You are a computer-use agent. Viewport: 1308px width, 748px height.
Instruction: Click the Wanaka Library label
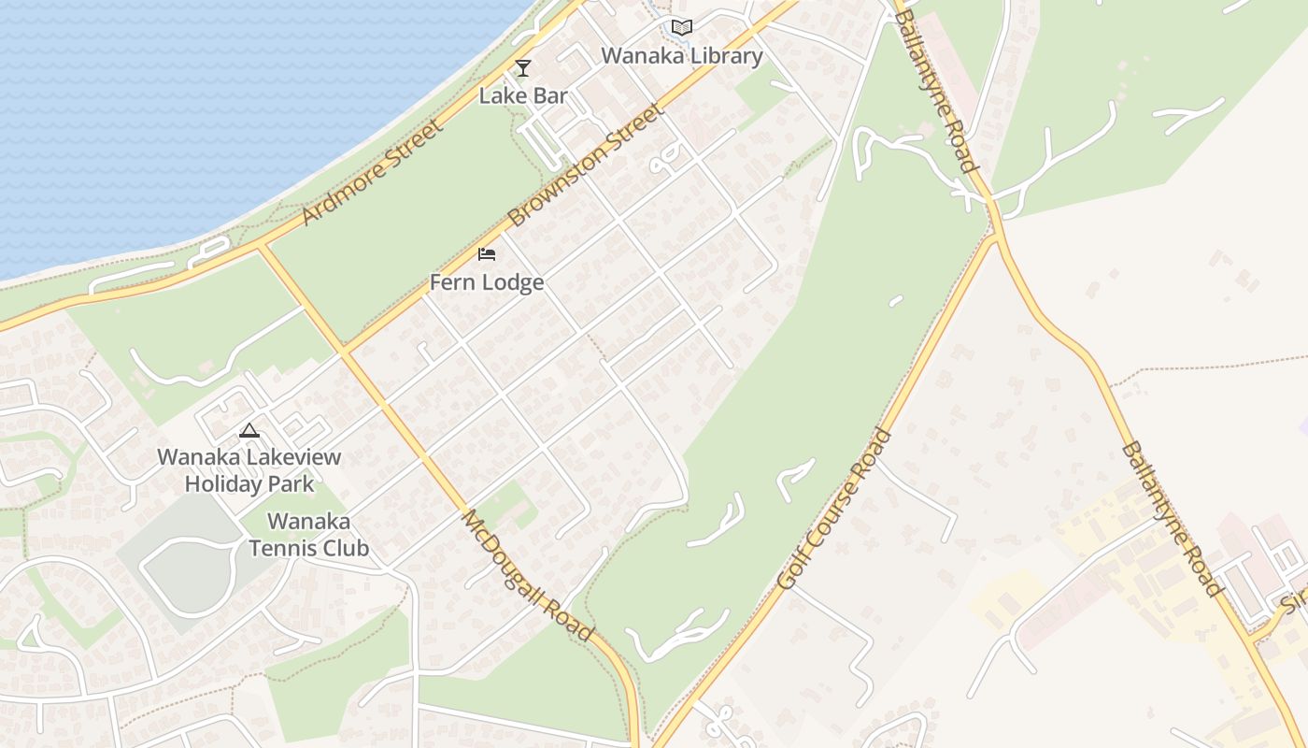coord(681,56)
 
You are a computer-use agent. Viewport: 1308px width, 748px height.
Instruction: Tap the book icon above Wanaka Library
coord(682,28)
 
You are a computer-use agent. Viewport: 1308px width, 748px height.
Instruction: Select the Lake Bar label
coord(523,95)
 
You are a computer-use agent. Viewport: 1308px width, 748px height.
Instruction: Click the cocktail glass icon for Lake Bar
coord(523,68)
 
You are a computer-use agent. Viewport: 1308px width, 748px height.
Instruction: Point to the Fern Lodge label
coord(487,281)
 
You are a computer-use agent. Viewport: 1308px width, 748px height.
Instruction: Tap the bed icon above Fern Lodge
coord(487,254)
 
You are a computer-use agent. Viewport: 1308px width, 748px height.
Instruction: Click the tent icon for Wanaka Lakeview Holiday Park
coord(249,431)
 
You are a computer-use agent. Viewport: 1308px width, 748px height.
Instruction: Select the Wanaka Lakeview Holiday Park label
coord(249,470)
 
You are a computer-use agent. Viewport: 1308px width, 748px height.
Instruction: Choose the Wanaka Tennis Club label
coord(309,535)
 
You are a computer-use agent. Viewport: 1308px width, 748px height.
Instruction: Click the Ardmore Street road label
coord(372,173)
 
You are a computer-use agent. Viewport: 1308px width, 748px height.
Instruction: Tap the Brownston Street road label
coord(586,165)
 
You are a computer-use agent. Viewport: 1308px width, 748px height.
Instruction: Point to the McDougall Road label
coord(528,575)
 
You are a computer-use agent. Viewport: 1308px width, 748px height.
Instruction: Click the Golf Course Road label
coord(834,509)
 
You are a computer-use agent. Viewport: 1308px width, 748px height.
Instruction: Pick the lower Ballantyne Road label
coord(1172,519)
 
